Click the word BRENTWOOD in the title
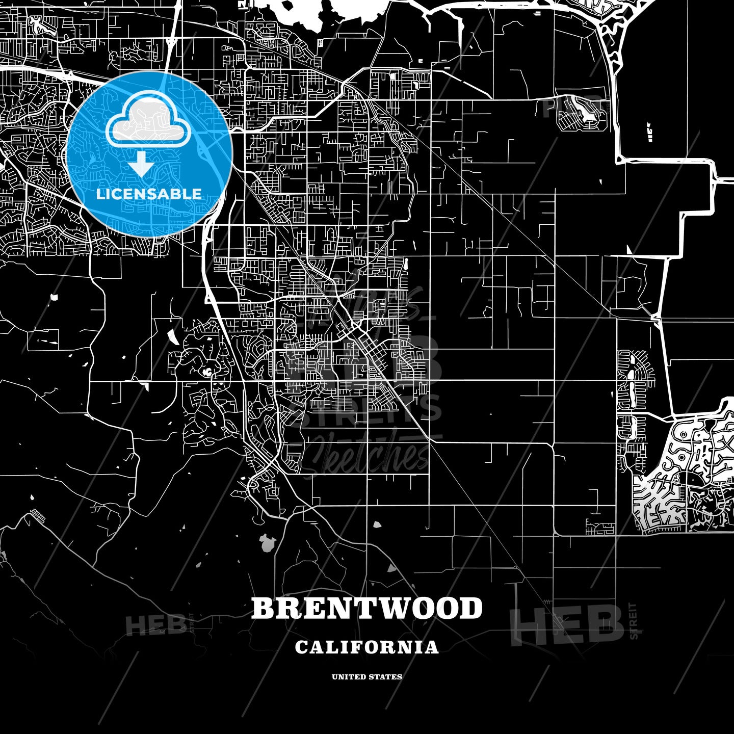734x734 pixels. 367,608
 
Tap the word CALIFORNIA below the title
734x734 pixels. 367,647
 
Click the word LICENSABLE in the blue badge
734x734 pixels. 149,194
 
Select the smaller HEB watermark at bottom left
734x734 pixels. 155,624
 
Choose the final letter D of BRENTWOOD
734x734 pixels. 471,608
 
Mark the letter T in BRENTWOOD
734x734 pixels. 361,608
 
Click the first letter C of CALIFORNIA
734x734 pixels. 301,647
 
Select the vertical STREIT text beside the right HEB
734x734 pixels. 634,621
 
